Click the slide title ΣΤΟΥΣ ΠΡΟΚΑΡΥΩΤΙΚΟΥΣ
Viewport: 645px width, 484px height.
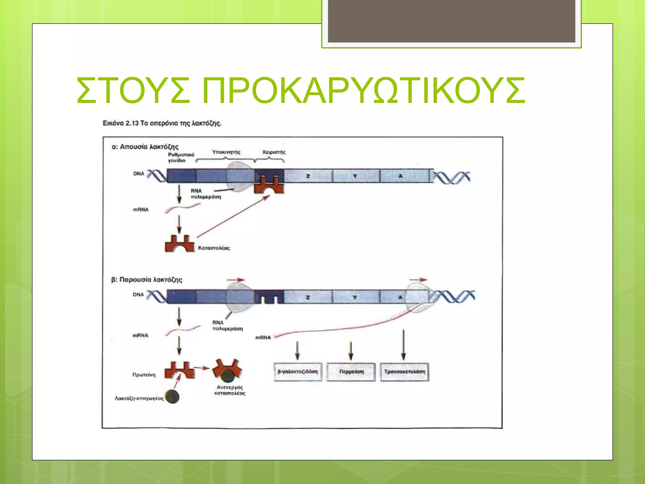click(301, 91)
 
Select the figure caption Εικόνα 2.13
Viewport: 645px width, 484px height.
click(162, 123)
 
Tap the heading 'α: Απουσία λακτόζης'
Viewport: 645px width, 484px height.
click(145, 147)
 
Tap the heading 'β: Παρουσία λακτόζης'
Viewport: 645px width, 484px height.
click(147, 280)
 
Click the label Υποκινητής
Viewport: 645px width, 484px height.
click(226, 152)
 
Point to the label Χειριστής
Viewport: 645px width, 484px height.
click(274, 152)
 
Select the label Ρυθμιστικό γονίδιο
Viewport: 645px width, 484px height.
click(181, 158)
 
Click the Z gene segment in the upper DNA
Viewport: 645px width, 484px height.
click(308, 176)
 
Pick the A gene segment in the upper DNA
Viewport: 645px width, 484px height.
click(404, 176)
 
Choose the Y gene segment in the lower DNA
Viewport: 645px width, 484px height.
click(355, 297)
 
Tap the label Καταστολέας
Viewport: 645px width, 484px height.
click(214, 248)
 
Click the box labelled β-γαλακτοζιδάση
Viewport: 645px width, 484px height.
click(298, 372)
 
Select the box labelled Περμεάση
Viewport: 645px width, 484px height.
click(351, 372)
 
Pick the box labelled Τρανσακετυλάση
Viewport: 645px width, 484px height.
click(404, 372)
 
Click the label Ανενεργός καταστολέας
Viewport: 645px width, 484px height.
click(230, 390)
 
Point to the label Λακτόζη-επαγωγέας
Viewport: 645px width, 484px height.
click(139, 398)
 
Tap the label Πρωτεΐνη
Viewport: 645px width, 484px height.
click(144, 375)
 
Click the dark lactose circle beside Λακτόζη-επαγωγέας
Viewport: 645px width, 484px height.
click(172, 397)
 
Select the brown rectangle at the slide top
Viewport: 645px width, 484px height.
click(451, 21)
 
